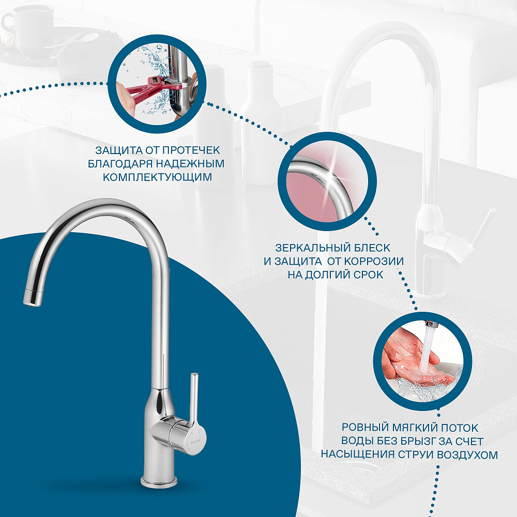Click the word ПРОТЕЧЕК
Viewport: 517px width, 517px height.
[191, 150]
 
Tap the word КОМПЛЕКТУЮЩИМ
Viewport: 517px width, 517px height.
[157, 177]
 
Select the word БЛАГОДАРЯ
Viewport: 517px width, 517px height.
[120, 163]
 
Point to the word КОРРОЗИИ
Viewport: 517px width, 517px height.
[374, 261]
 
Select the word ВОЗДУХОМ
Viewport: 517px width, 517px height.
[467, 454]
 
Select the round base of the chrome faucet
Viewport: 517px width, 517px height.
[159, 481]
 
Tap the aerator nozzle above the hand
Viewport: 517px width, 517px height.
[430, 325]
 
